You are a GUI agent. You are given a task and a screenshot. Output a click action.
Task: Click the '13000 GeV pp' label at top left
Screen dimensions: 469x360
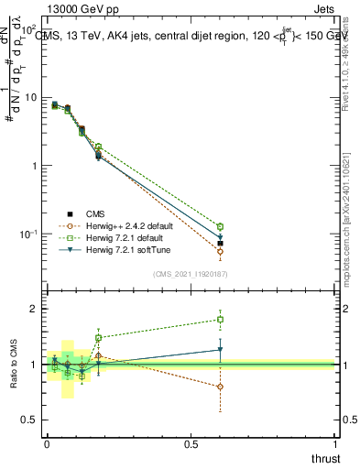[x=49, y=8]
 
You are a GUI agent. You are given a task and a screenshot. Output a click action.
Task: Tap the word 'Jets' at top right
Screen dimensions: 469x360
[x=325, y=8]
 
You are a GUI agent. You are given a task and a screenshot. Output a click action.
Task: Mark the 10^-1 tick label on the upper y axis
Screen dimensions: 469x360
[x=27, y=234]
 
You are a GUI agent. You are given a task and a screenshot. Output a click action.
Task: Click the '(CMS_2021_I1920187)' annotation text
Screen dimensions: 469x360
[x=194, y=273]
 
